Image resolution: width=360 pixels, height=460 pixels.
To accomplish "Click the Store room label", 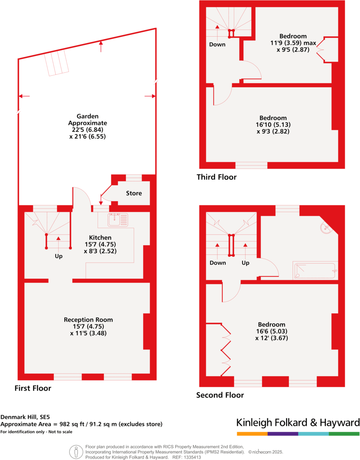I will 134,193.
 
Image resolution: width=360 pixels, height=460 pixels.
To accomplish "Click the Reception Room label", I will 88,319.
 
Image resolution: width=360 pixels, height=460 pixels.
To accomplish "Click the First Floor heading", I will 33,388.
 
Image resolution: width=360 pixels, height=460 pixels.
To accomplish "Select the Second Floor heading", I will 220,395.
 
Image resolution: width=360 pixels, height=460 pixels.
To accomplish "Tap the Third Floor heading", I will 217,177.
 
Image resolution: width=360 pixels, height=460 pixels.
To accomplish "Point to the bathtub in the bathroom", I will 315,270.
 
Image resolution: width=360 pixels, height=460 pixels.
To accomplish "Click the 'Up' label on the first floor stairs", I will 58,256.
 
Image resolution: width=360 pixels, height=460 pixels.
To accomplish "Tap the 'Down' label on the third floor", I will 217,44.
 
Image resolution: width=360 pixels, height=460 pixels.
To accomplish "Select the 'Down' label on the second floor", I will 218,263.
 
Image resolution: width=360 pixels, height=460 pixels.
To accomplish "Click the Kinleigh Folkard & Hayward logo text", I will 298,422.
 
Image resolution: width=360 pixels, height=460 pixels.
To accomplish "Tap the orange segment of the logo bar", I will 252,434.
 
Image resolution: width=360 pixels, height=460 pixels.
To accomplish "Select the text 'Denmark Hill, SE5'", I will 25,417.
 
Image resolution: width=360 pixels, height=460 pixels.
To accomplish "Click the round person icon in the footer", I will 76,451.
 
